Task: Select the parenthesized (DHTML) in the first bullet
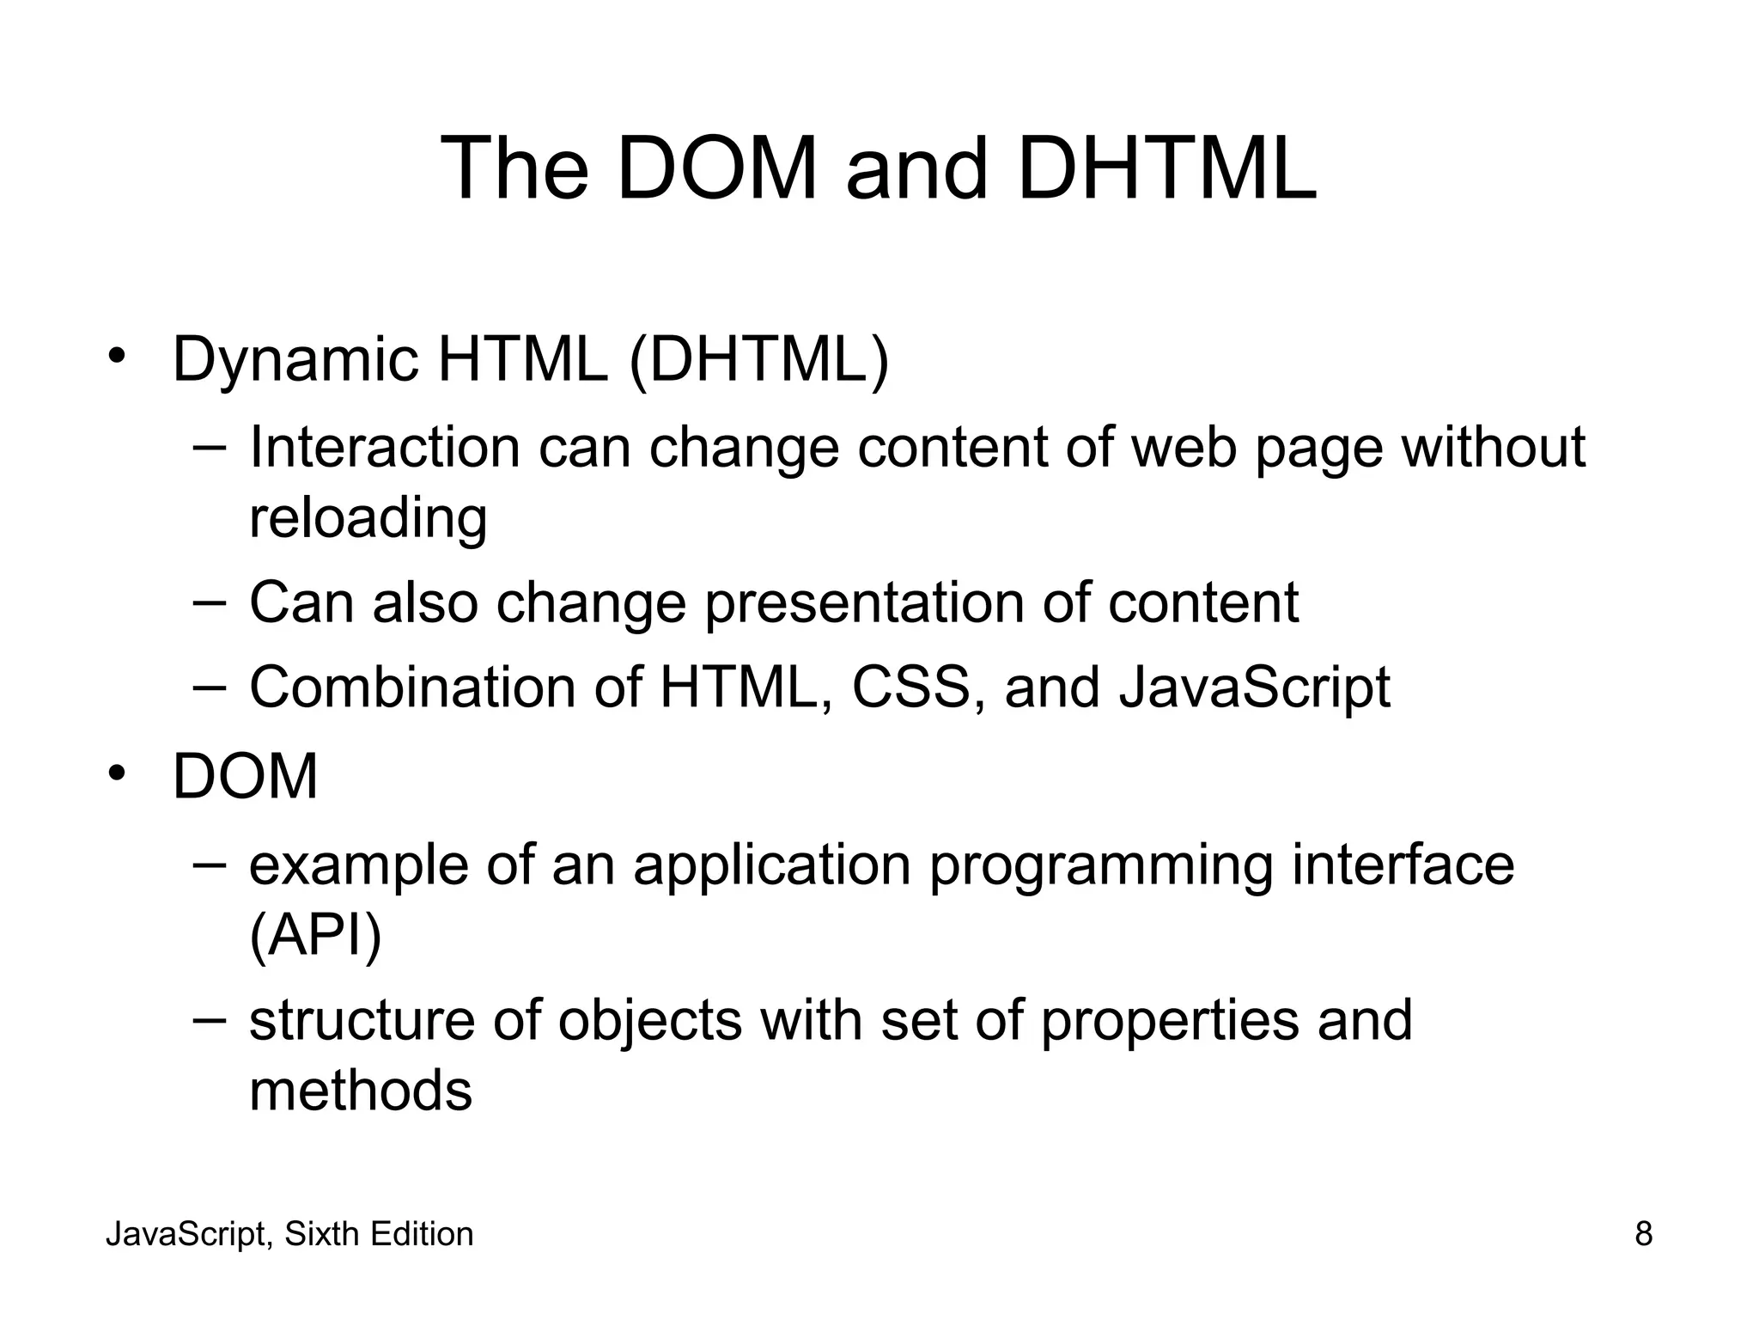tap(759, 361)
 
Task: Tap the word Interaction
tap(384, 448)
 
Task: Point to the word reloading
tap(368, 519)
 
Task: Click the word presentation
tap(864, 603)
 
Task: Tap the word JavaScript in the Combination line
tap(1254, 689)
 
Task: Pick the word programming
tap(1101, 866)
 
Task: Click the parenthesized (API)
tap(314, 936)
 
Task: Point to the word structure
tap(362, 1021)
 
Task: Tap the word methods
tap(361, 1091)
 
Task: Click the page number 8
tap(1643, 1234)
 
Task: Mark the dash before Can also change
tap(210, 601)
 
